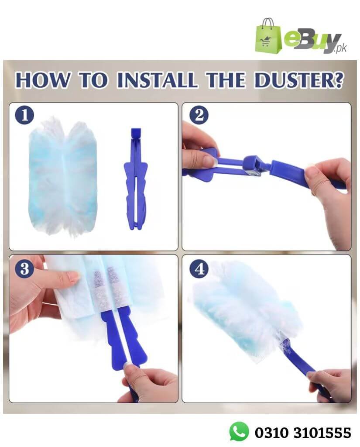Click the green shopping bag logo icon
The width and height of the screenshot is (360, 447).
click(268, 37)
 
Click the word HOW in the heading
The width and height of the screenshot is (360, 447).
click(42, 80)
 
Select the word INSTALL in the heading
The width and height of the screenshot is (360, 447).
click(157, 80)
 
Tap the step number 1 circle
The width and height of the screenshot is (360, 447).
click(24, 116)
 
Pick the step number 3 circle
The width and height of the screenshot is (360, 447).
click(24, 268)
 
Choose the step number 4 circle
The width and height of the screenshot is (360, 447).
click(199, 268)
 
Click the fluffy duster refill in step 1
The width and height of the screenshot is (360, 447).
click(63, 177)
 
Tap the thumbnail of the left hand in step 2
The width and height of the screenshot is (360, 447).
click(211, 162)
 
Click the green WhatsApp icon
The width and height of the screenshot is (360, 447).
click(239, 431)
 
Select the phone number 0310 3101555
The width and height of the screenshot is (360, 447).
click(303, 432)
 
